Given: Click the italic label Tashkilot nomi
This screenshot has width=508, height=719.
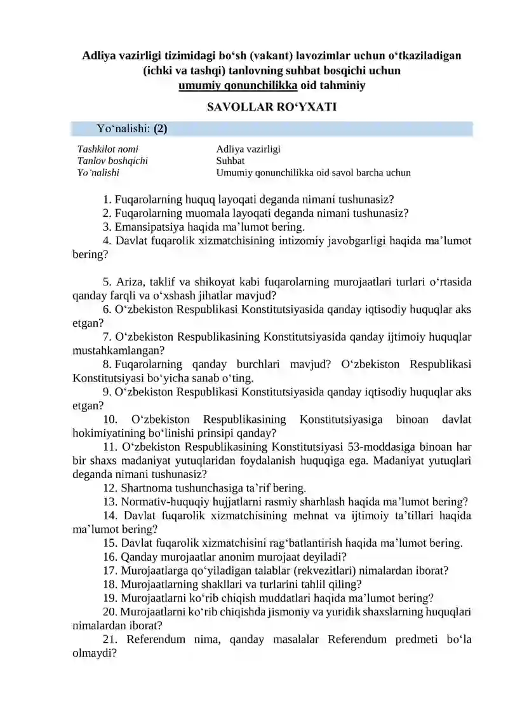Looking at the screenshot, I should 103,149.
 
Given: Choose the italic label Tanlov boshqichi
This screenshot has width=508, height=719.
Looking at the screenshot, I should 112,161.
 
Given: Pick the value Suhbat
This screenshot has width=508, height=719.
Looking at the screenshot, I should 231,161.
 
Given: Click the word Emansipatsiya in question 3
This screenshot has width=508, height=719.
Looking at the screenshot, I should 144,226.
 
